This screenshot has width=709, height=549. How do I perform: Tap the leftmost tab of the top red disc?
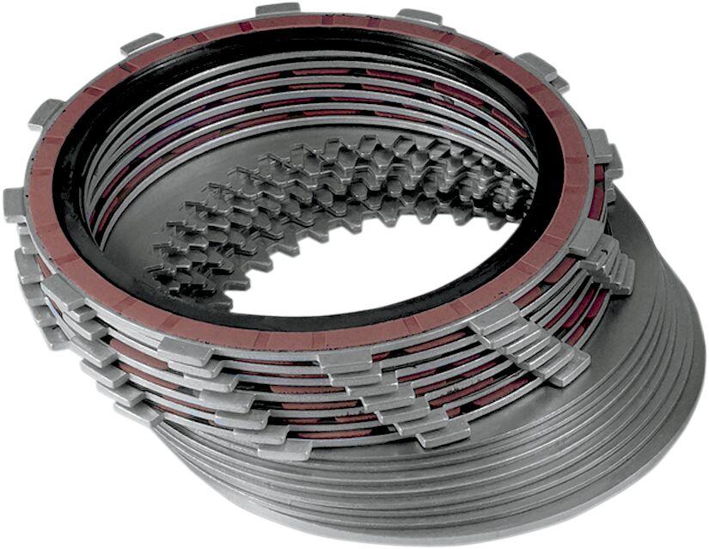(x=15, y=204)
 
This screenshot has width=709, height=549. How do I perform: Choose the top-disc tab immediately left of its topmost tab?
(x=142, y=42)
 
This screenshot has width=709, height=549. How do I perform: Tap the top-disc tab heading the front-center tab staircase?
(x=345, y=359)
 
